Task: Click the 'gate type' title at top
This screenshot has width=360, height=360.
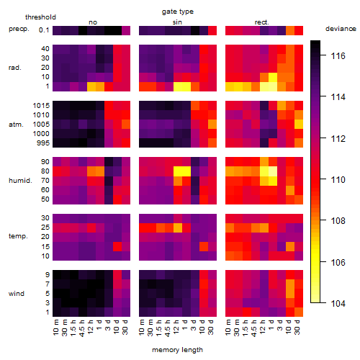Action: point(178,12)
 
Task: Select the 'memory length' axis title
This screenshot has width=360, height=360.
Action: point(177,350)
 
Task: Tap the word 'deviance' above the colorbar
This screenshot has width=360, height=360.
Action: point(341,29)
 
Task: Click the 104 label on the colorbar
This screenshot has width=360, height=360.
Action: point(338,303)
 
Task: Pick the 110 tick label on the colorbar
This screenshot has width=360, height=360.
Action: point(338,179)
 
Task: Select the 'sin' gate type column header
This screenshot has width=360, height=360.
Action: point(177,22)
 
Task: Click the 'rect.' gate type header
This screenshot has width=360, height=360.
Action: point(261,22)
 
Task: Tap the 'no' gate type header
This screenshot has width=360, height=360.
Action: point(93,22)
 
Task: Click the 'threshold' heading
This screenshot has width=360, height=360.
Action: point(40,17)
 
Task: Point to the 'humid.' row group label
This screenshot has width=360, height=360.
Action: point(20,180)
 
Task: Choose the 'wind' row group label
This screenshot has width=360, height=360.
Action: point(17,293)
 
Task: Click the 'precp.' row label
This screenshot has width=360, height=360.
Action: point(19,29)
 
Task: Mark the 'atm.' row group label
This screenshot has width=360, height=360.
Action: point(16,125)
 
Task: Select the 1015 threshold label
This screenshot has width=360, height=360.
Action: point(41,105)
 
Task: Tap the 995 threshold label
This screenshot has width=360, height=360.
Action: point(43,143)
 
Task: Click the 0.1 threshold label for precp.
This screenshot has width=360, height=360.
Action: point(44,30)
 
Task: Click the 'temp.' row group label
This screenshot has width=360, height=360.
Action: point(18,236)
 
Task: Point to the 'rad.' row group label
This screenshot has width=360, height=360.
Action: point(15,68)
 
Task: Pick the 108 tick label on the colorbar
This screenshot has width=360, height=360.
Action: point(338,220)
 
